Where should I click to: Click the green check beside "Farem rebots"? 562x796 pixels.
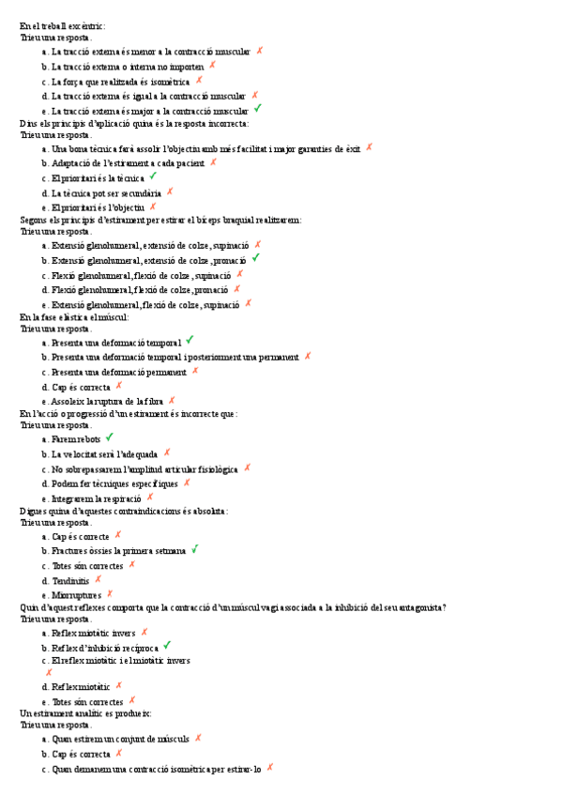[110, 437]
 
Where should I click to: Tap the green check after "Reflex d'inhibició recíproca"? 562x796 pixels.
[166, 646]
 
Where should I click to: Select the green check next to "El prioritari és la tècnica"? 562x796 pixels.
[153, 176]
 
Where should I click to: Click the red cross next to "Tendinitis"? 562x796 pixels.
[99, 579]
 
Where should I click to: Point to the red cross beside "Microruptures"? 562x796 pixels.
[110, 593]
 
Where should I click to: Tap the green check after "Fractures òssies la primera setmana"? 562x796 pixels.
[194, 549]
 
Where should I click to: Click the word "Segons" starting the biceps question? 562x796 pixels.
[35, 220]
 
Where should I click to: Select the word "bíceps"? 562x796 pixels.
[204, 220]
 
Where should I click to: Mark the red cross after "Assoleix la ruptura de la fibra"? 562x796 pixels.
[172, 400]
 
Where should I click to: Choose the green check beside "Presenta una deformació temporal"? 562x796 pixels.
[190, 340]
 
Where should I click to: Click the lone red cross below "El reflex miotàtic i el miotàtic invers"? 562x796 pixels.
[49, 672]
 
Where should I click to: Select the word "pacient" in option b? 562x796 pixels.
[188, 162]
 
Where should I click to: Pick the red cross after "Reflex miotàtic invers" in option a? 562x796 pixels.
[144, 632]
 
